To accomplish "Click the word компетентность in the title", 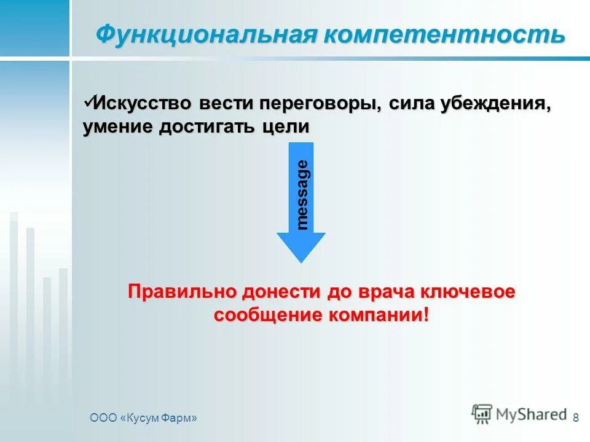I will click(442, 34).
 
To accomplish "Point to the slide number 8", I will click(575, 418).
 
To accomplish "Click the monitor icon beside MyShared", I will click(482, 414).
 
